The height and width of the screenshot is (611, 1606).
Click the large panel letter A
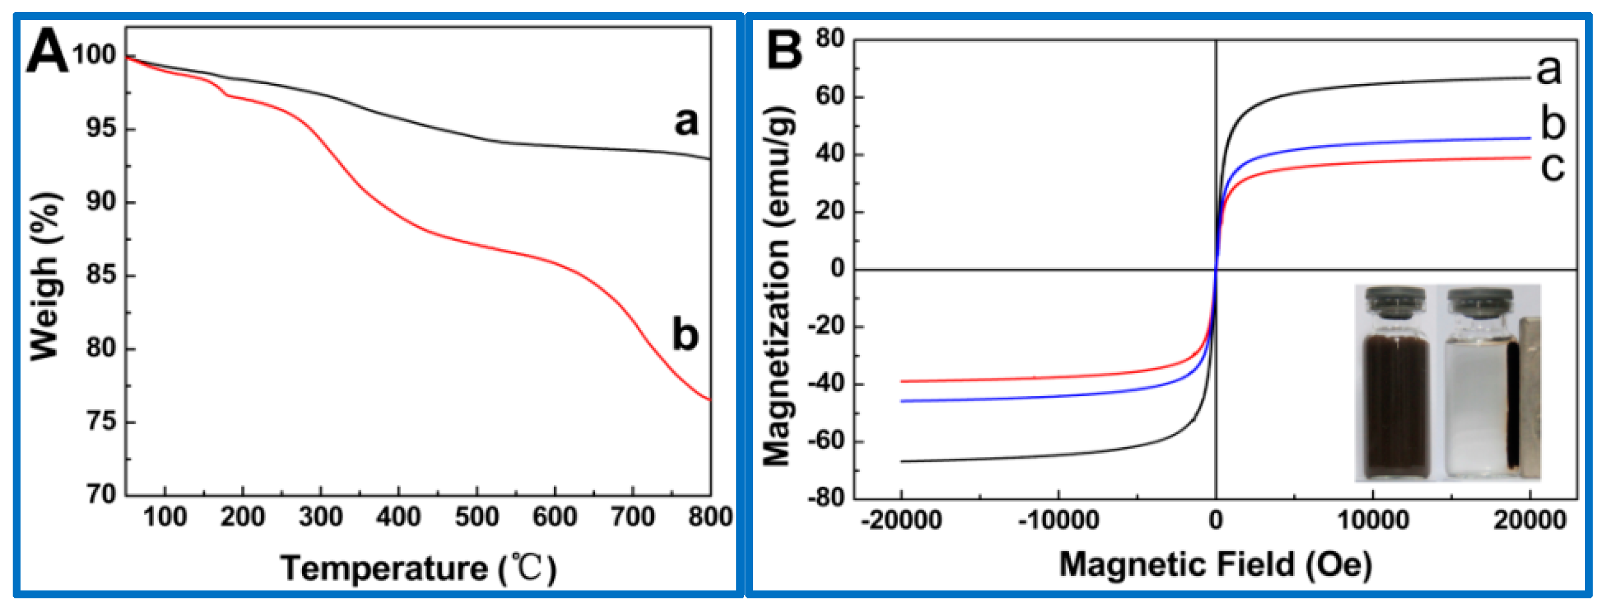tap(47, 53)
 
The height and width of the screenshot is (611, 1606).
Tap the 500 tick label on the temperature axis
tap(477, 517)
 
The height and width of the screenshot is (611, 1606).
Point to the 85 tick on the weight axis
tap(101, 275)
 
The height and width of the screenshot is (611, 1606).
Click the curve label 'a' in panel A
tap(686, 121)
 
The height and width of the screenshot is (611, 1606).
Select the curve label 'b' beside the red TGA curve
tap(685, 335)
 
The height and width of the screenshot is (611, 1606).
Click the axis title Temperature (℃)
tap(418, 568)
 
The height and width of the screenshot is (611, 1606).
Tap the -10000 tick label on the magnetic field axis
tap(1058, 520)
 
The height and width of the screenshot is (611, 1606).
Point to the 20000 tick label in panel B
tap(1529, 520)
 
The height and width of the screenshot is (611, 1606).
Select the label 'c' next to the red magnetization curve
tap(1552, 167)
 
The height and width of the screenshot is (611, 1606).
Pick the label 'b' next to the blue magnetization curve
tap(1552, 123)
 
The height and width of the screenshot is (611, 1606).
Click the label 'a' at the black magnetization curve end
tap(1549, 70)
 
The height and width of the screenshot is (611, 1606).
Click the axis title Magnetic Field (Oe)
tap(1215, 564)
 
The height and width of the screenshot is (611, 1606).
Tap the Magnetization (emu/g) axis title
tap(777, 286)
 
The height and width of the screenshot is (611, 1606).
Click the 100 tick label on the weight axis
tap(94, 55)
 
